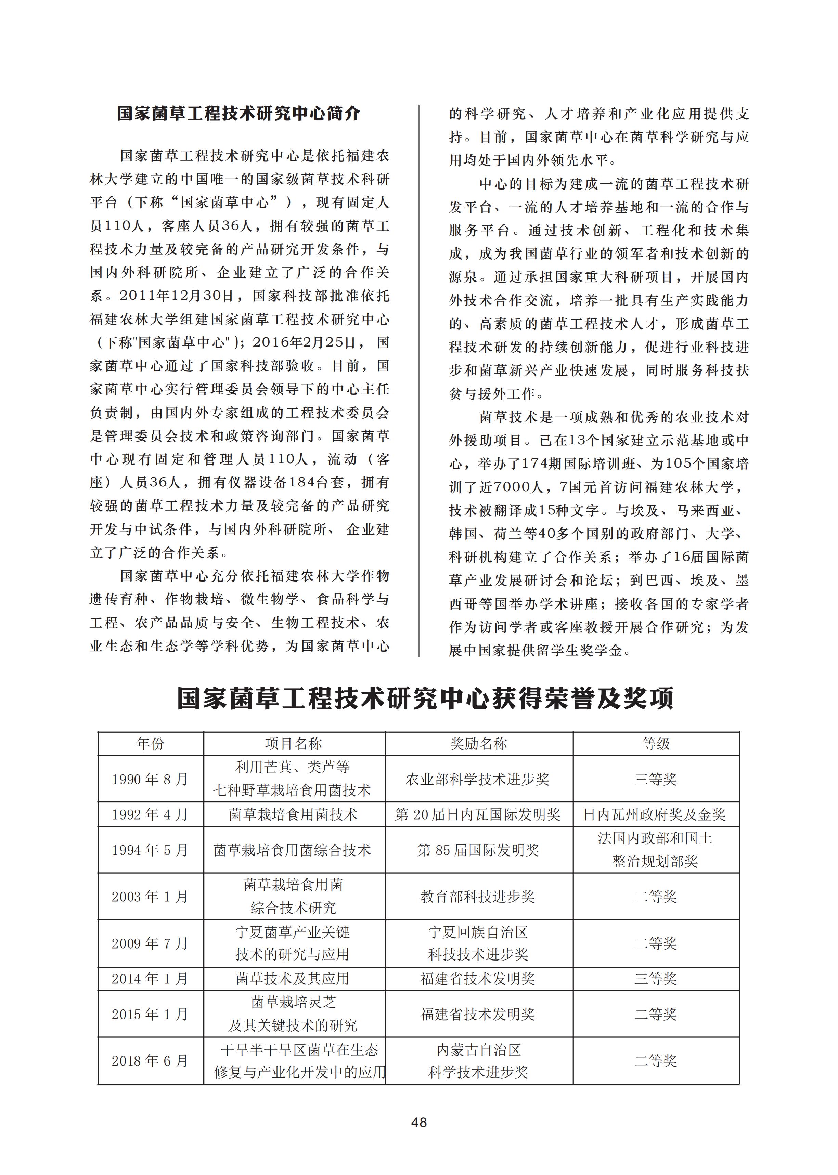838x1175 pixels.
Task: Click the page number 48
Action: point(418,1122)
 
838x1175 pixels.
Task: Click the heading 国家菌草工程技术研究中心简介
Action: point(238,114)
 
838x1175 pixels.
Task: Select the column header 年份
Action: point(150,743)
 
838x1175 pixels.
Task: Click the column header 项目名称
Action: point(293,743)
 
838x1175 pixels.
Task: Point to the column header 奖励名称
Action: point(478,743)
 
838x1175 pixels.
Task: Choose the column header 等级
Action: point(655,743)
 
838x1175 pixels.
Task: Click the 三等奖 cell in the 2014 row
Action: point(655,978)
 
